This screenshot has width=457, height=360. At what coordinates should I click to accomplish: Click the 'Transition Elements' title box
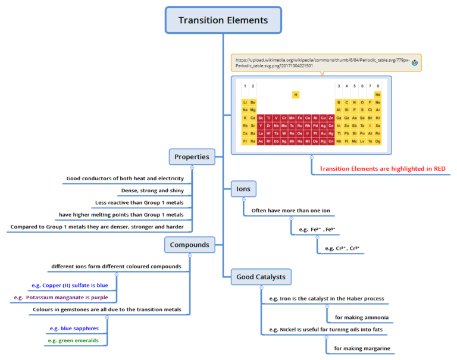click(223, 20)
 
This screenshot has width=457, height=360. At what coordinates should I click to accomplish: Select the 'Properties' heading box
click(192, 157)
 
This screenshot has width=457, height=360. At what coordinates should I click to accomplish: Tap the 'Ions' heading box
click(243, 190)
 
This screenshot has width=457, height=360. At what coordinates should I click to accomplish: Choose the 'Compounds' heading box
click(189, 245)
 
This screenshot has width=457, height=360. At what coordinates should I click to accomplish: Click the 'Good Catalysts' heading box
click(261, 277)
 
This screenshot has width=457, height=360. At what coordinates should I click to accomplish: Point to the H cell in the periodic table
click(296, 95)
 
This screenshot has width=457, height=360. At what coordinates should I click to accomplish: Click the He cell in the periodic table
click(378, 95)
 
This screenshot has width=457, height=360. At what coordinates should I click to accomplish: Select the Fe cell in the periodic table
click(299, 118)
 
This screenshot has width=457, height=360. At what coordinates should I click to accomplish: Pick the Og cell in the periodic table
click(378, 141)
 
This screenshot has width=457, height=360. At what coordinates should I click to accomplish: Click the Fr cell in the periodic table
click(245, 141)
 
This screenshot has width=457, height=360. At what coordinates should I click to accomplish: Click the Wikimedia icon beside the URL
click(415, 62)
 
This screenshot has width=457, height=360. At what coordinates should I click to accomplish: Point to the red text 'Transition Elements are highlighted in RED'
click(382, 169)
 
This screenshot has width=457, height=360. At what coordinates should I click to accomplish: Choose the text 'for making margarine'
click(362, 348)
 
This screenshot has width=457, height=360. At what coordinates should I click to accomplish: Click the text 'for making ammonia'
click(362, 317)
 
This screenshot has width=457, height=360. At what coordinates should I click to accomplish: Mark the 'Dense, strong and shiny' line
click(152, 190)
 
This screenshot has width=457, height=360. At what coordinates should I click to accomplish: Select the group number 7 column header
click(370, 86)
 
